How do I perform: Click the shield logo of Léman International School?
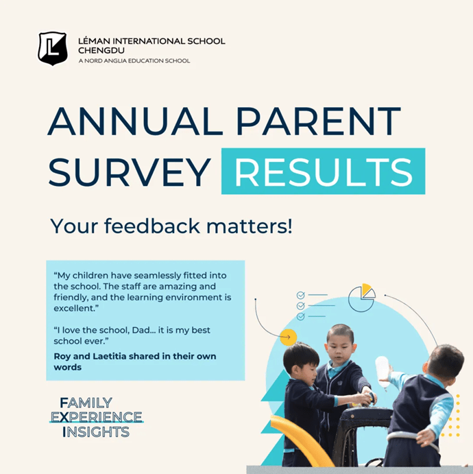coord(52,48)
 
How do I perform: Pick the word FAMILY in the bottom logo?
coord(86,402)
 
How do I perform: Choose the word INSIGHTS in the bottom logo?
coord(95,432)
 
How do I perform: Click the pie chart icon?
coord(361,296)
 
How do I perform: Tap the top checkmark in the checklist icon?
coord(300,296)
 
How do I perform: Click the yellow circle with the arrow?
coord(288,337)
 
